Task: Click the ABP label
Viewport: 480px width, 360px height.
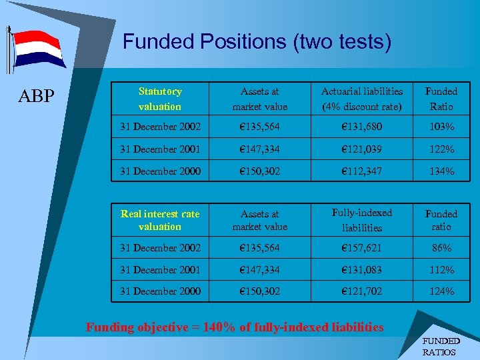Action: coord(37,97)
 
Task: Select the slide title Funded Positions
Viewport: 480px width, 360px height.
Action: coord(257,43)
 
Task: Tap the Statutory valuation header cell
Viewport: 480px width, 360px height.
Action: coord(160,99)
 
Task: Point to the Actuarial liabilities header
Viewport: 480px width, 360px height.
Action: coord(362,99)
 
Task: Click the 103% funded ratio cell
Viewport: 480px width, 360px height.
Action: coord(441,126)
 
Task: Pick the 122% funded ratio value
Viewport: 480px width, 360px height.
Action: coord(441,149)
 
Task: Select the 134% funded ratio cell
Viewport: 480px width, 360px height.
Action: coord(441,171)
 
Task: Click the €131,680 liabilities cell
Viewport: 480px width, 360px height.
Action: coord(362,126)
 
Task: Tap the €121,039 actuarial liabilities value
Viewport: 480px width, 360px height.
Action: coord(362,149)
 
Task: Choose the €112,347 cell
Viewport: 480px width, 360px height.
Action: coord(362,171)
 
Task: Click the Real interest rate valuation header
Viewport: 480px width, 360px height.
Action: coord(160,220)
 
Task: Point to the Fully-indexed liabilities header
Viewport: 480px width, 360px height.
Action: coord(362,220)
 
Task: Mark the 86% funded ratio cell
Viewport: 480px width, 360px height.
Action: coord(441,247)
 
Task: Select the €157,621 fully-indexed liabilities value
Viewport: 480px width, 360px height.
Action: coord(362,247)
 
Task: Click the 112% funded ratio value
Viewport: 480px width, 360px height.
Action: coord(441,270)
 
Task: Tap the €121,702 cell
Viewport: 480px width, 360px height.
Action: coord(362,291)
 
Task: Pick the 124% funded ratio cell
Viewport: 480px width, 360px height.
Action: coord(441,291)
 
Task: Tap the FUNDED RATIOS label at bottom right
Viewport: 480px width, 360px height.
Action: coord(441,346)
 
